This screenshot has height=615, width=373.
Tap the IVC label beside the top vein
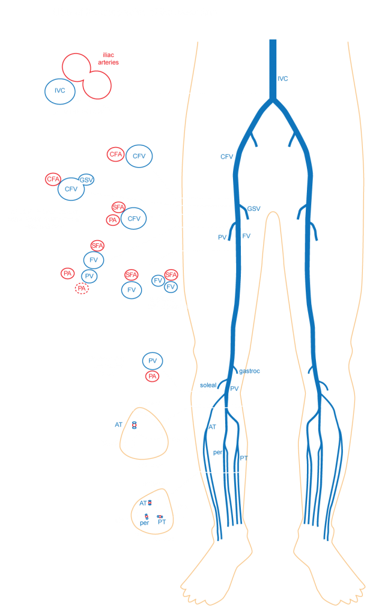click(x=283, y=79)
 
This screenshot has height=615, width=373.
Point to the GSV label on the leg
click(x=253, y=209)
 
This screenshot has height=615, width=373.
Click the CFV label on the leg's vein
click(x=226, y=157)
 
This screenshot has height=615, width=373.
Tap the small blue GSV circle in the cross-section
click(x=86, y=180)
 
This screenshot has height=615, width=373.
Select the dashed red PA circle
click(x=82, y=289)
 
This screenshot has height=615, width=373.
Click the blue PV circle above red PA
click(x=153, y=360)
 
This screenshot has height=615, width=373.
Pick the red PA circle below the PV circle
click(x=153, y=377)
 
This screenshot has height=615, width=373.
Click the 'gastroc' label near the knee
click(x=250, y=371)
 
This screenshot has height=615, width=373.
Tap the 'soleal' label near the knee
click(x=207, y=385)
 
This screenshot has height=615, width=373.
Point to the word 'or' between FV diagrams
click(x=145, y=283)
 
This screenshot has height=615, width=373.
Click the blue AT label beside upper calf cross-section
click(x=119, y=424)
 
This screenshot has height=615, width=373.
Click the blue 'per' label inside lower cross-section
click(x=144, y=523)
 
